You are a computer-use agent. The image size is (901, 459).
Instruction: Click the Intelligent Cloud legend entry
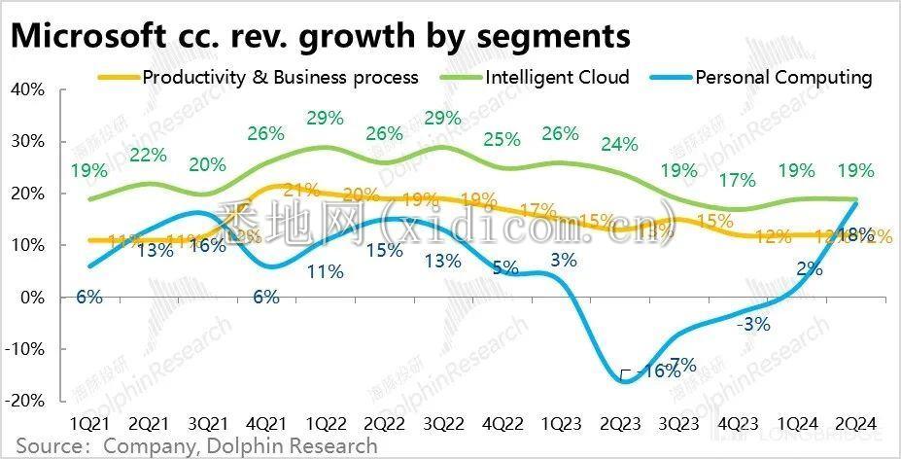[557, 77]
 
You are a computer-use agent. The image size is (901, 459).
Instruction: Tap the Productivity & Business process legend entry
[281, 77]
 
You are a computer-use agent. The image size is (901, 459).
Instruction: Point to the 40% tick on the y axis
[27, 89]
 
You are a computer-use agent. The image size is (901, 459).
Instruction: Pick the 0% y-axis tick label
[32, 298]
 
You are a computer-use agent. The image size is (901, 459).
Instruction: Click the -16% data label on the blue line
[657, 371]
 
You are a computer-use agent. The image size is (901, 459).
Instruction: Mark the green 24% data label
[619, 145]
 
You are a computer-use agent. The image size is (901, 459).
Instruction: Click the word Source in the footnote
[48, 446]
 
